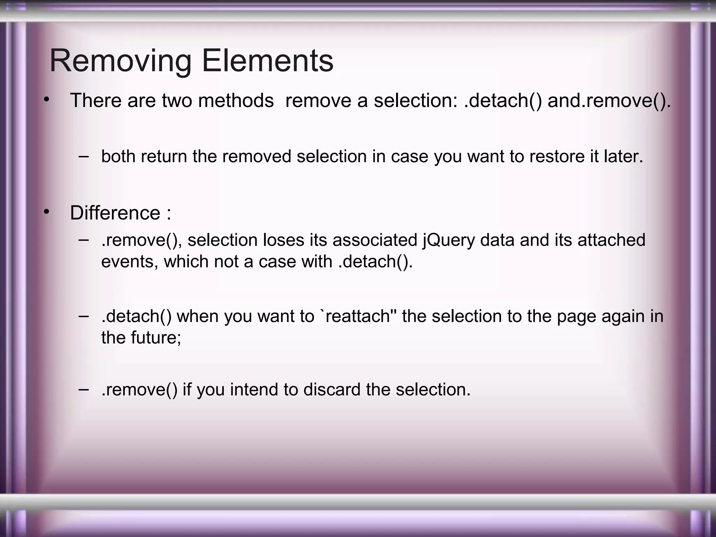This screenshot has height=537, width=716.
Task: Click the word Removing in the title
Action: point(120,62)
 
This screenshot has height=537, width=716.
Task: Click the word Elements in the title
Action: point(267,62)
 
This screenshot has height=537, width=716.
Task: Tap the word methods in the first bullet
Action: point(236,101)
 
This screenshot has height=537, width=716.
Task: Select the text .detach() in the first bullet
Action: point(503,101)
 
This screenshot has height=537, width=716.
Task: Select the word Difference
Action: point(115,213)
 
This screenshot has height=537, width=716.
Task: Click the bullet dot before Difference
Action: point(46,212)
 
